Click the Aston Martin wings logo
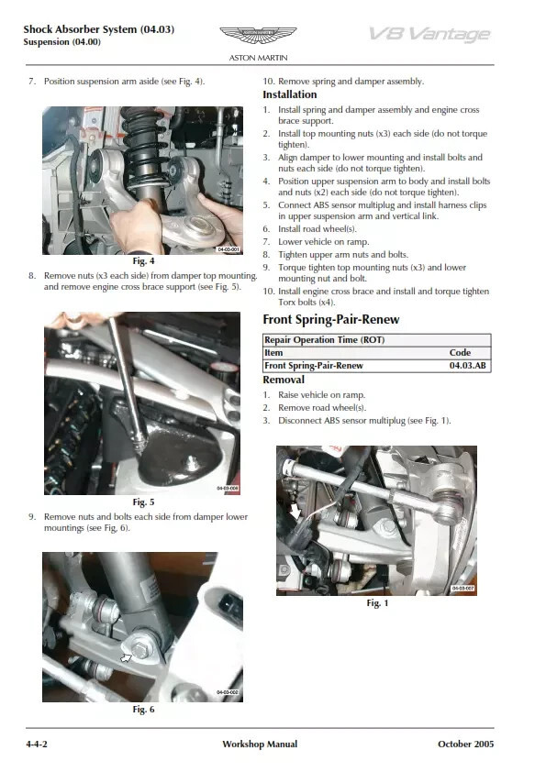pos(258,35)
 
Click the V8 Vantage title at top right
pos(429,34)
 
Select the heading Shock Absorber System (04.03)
pos(98,29)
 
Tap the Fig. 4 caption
pos(143,261)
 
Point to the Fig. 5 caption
pos(143,502)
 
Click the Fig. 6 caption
pos(143,709)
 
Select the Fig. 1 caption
pos(377,603)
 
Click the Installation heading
pos(290,94)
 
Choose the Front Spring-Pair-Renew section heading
pos(331,320)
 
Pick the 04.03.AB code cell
pos(468,366)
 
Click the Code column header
pos(460,352)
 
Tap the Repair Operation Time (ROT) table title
pos(324,340)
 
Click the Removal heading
pos(284,380)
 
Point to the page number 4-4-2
pos(37,744)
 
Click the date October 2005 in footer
pos(465,744)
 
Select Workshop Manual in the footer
pos(260,744)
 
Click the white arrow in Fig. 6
pos(127,657)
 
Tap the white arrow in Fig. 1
pos(295,511)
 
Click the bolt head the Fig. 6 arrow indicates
pos(141,650)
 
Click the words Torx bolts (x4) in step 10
pos(306,303)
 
